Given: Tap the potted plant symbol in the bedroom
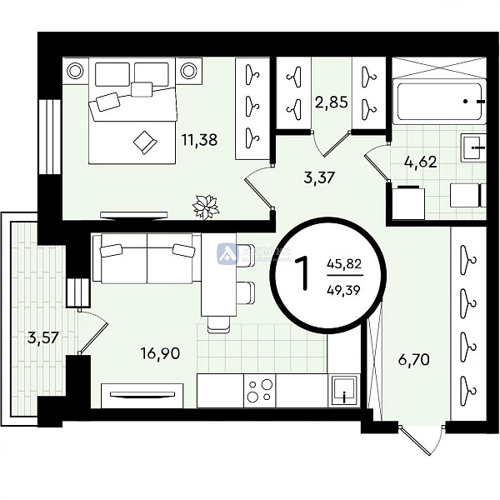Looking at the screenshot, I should click(x=204, y=203).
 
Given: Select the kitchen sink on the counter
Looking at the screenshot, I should click(x=342, y=390).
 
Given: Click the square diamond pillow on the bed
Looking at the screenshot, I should click(x=145, y=142).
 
